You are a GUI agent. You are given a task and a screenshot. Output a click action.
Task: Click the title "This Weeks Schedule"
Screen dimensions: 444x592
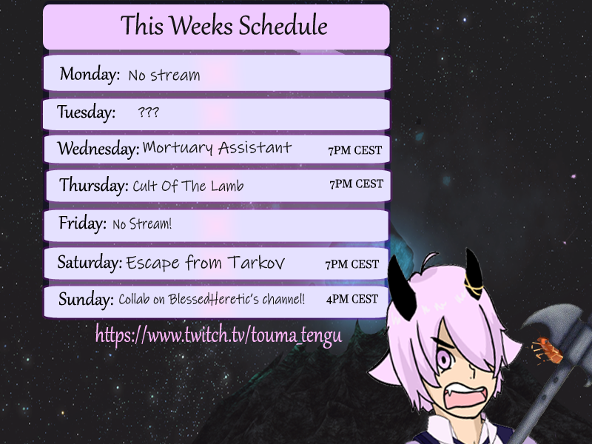click(x=223, y=27)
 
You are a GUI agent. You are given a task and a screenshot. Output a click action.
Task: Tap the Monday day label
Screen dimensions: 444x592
click(x=90, y=74)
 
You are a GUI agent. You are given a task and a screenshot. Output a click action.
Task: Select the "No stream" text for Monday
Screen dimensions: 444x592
click(x=164, y=75)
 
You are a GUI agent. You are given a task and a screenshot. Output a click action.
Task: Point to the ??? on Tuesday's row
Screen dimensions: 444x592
click(x=148, y=113)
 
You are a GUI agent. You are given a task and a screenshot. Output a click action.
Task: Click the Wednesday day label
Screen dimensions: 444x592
click(x=98, y=149)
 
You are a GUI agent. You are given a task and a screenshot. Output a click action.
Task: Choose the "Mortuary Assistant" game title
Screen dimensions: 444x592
click(x=217, y=148)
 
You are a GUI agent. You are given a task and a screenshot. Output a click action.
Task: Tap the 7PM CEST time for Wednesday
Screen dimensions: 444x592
click(x=355, y=150)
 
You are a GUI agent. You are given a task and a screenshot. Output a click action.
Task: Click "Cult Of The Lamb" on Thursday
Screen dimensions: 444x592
click(x=188, y=186)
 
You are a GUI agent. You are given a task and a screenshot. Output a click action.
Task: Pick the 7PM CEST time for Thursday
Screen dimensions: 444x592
click(x=356, y=184)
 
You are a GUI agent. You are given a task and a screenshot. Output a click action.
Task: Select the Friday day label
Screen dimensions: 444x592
click(x=82, y=222)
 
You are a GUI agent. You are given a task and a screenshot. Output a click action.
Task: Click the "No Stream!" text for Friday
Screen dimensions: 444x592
click(x=142, y=223)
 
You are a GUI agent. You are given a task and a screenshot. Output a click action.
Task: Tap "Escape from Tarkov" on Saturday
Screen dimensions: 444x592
click(x=205, y=263)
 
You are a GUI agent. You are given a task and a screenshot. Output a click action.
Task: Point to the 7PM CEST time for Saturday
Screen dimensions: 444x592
click(x=351, y=264)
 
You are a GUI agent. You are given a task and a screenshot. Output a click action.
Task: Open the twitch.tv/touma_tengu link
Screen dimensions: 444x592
click(x=218, y=335)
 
